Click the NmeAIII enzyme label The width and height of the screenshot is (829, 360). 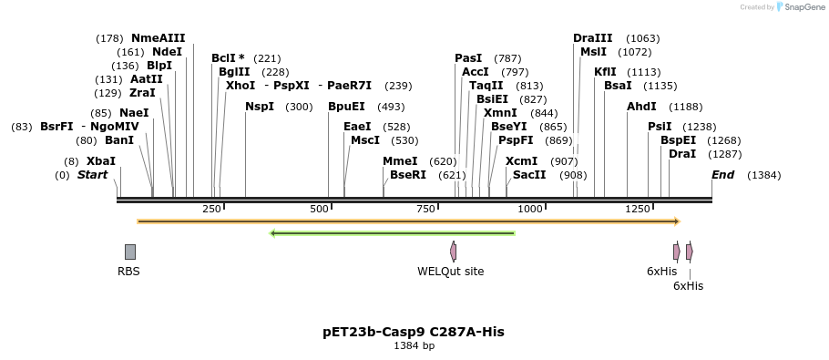point(158,38)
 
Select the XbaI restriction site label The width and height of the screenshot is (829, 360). point(101,161)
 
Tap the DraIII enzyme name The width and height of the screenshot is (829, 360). point(592,38)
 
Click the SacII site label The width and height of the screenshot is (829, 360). point(529,175)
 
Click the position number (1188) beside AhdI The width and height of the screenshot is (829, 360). point(685,107)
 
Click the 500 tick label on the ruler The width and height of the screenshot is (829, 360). point(320,210)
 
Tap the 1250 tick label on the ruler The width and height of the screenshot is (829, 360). point(637,210)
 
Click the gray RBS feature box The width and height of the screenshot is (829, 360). point(130,252)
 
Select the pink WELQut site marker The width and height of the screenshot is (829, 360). point(453,252)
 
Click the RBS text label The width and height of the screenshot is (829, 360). point(128,272)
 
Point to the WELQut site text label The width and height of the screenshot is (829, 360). point(451,272)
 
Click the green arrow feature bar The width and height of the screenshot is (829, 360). point(393,233)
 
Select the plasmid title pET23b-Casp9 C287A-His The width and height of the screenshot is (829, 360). point(414,332)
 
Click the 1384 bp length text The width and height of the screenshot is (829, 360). point(414,346)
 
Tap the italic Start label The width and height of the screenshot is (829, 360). point(92,175)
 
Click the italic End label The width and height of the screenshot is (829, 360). point(722,175)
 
